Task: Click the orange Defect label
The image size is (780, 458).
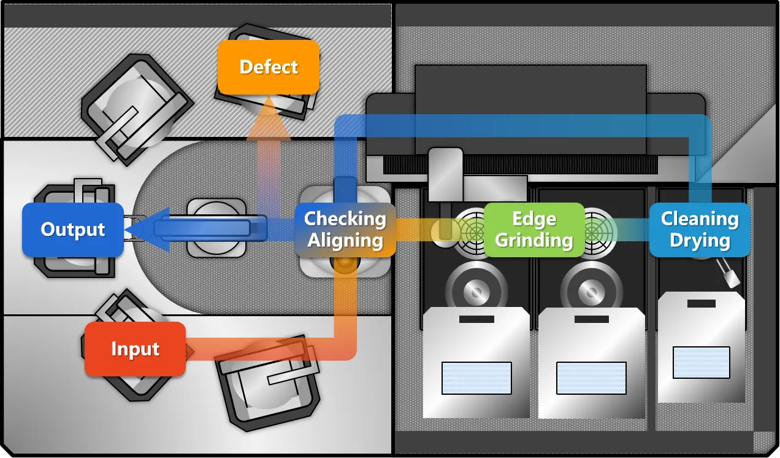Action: (x=269, y=67)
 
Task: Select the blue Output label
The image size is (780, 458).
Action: (x=73, y=230)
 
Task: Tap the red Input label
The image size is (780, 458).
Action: (x=135, y=349)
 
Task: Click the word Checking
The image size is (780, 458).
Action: (x=345, y=219)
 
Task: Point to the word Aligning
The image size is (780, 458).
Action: (x=345, y=241)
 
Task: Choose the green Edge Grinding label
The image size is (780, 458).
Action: (x=534, y=230)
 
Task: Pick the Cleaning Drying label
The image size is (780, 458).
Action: (x=700, y=230)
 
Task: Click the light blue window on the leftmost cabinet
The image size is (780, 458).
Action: (x=476, y=378)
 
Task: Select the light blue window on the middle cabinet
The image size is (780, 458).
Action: (x=591, y=378)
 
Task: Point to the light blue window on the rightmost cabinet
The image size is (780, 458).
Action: (x=701, y=362)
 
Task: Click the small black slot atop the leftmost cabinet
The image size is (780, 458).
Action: (x=476, y=319)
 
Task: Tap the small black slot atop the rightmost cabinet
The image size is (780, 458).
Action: (x=701, y=303)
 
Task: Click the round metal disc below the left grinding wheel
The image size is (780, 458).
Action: (x=476, y=288)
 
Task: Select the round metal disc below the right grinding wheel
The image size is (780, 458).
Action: (x=591, y=288)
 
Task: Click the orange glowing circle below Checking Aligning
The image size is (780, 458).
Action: (x=345, y=265)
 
